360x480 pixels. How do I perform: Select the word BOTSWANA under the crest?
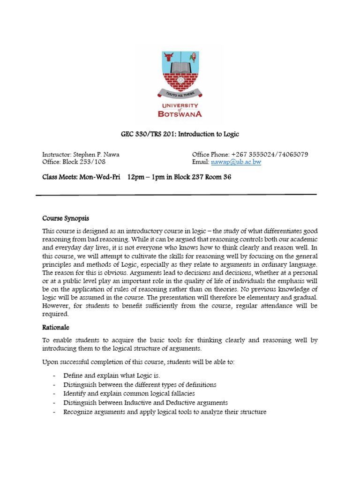[180, 113]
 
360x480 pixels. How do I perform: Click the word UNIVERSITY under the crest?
[180, 106]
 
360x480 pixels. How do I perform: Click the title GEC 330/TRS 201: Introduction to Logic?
[180, 135]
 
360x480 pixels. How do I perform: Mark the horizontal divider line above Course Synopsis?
[176, 195]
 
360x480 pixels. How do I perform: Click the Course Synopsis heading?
[66, 218]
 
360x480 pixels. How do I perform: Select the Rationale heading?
[56, 328]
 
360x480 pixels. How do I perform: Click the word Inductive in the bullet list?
[140, 403]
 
